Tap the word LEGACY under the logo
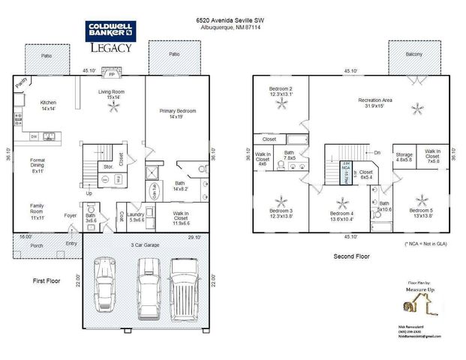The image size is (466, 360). [x=111, y=48]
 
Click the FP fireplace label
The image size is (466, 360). [x=112, y=76]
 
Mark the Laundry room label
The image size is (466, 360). [x=136, y=217]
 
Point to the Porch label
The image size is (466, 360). [x=36, y=245]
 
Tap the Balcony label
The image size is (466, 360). [x=413, y=55]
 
